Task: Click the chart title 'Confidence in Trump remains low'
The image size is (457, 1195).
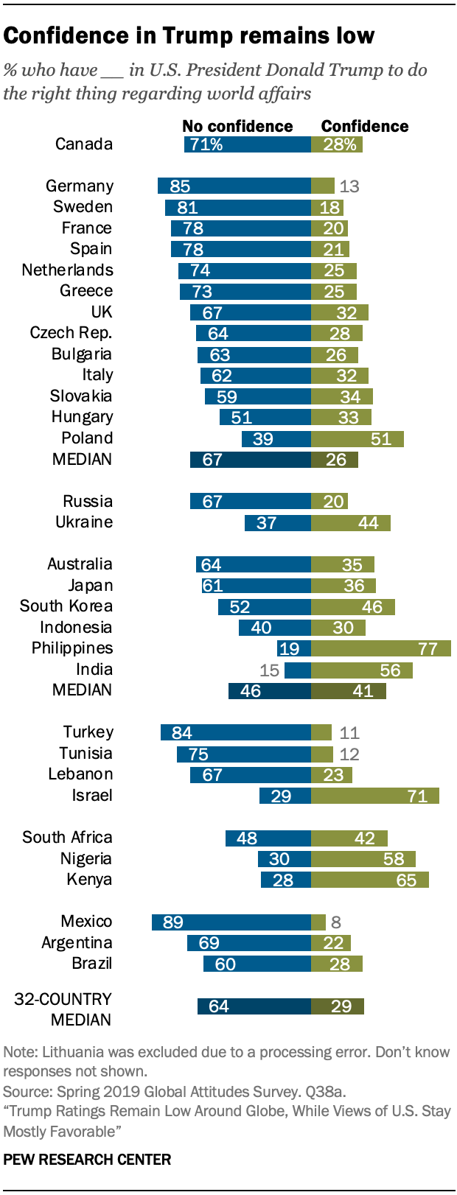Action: click(189, 35)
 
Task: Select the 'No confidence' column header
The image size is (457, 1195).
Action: click(237, 126)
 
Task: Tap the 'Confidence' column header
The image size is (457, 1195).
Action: click(364, 126)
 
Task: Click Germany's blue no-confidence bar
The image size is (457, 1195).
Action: click(234, 186)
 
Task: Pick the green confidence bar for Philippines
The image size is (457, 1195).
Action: click(380, 648)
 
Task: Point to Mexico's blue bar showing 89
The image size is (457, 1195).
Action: click(231, 922)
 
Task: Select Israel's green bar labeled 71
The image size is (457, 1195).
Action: click(374, 796)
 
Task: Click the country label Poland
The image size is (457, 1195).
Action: click(87, 438)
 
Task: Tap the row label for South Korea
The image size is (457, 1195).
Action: click(66, 606)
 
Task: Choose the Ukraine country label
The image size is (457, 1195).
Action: click(84, 522)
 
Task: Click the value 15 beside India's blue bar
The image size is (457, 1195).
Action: click(270, 670)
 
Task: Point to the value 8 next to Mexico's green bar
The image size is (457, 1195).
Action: click(336, 922)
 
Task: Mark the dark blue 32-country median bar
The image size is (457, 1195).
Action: click(254, 1006)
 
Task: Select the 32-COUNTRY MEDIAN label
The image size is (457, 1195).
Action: click(64, 1009)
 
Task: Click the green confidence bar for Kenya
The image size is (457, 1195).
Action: click(369, 880)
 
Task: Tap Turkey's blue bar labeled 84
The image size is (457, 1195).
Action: click(235, 732)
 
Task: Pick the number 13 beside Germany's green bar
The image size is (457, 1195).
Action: click(349, 186)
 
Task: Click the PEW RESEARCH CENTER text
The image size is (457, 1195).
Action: click(87, 1159)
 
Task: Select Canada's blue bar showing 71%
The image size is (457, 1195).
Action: click(247, 144)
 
